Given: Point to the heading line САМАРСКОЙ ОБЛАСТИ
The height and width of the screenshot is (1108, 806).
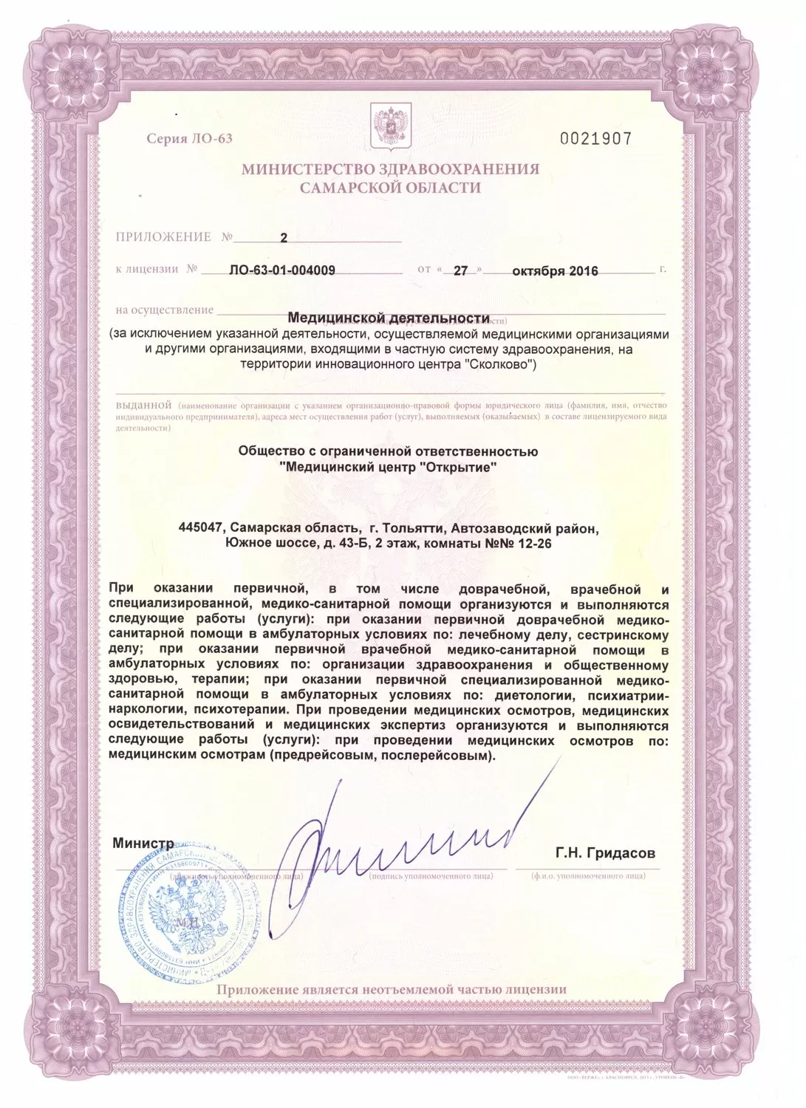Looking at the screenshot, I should pyautogui.click(x=390, y=188).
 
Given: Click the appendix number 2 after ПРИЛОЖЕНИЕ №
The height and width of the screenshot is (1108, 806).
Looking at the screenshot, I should pyautogui.click(x=284, y=237).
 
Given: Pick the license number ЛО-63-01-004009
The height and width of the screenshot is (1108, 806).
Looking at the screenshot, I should pyautogui.click(x=283, y=270).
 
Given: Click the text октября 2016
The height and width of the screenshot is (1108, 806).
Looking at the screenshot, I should pyautogui.click(x=554, y=270).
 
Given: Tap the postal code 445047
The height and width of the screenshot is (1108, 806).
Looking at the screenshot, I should pyautogui.click(x=199, y=528).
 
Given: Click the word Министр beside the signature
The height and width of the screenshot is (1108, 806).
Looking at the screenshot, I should pyautogui.click(x=143, y=843).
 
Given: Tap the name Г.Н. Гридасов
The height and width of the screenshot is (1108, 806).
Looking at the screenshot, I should pyautogui.click(x=605, y=853).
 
